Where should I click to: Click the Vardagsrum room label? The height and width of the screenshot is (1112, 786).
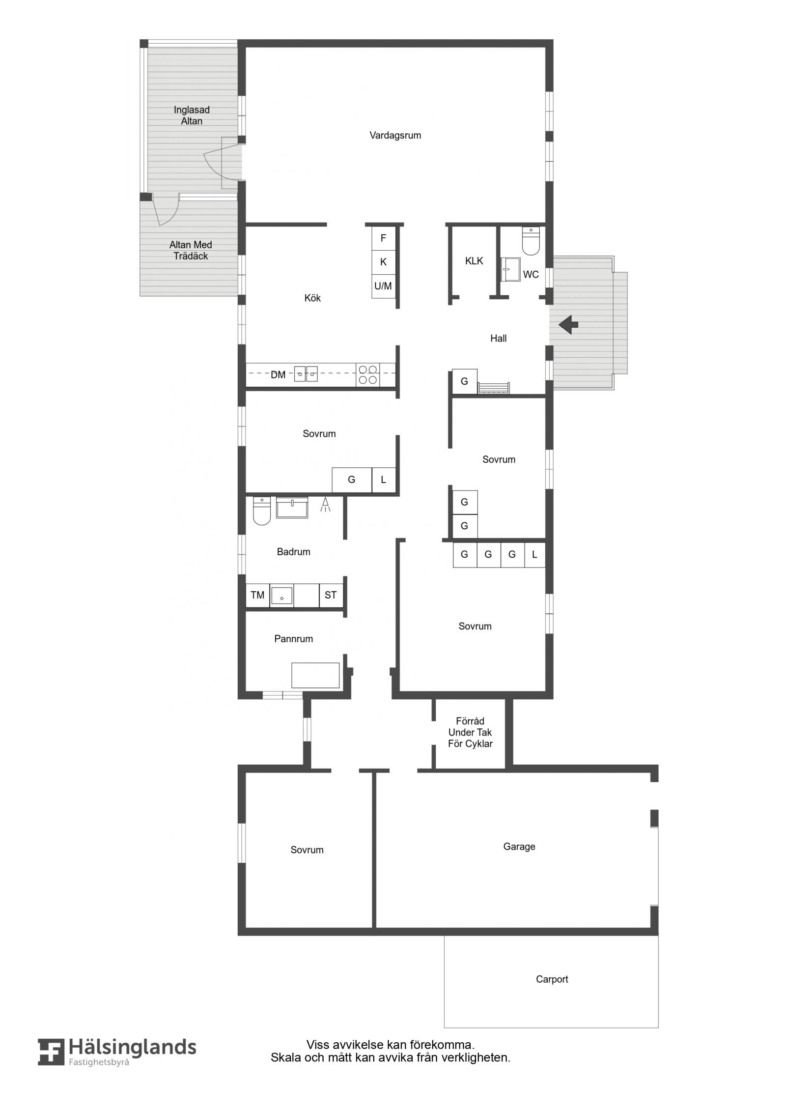[x=395, y=136]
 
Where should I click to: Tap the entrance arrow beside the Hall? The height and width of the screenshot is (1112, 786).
[x=568, y=324]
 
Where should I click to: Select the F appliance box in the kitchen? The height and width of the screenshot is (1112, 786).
[x=383, y=238]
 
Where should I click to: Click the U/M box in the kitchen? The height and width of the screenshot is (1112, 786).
[x=383, y=286]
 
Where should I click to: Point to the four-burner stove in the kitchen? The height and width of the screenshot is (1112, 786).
[x=367, y=374]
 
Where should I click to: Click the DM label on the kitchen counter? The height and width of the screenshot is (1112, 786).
[x=278, y=375]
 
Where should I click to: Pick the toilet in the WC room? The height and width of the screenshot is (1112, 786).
[x=531, y=241]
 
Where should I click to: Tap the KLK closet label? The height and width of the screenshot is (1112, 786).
[x=474, y=261]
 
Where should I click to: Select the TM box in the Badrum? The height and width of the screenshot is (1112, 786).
[x=257, y=595]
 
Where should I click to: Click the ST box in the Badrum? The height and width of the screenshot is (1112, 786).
[x=331, y=595]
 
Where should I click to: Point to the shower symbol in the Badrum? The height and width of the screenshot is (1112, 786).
[x=325, y=505]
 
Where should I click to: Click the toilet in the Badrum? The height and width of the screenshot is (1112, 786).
[x=262, y=511]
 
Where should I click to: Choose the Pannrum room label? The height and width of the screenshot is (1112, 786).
[x=293, y=639]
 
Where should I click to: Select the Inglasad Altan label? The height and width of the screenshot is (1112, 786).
[x=192, y=115]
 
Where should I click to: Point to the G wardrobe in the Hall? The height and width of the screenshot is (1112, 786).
[x=464, y=381]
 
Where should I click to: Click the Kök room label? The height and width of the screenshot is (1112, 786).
[x=312, y=298]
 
